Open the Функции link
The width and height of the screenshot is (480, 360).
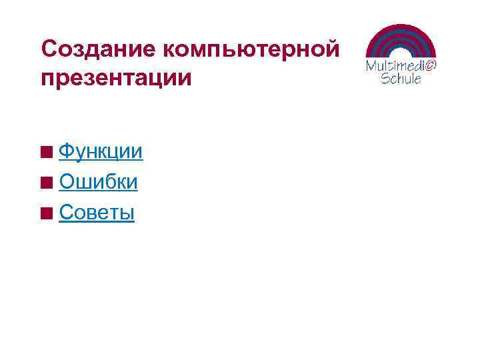[100, 152]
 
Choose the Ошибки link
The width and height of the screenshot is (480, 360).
[98, 182]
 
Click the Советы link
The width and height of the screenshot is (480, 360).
[97, 213]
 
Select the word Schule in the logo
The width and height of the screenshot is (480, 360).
[401, 78]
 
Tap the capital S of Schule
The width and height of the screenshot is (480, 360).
[385, 78]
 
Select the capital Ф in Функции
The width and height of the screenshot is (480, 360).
[67, 152]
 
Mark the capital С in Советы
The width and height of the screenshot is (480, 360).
[67, 213]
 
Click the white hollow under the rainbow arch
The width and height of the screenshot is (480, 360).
[401, 54]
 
